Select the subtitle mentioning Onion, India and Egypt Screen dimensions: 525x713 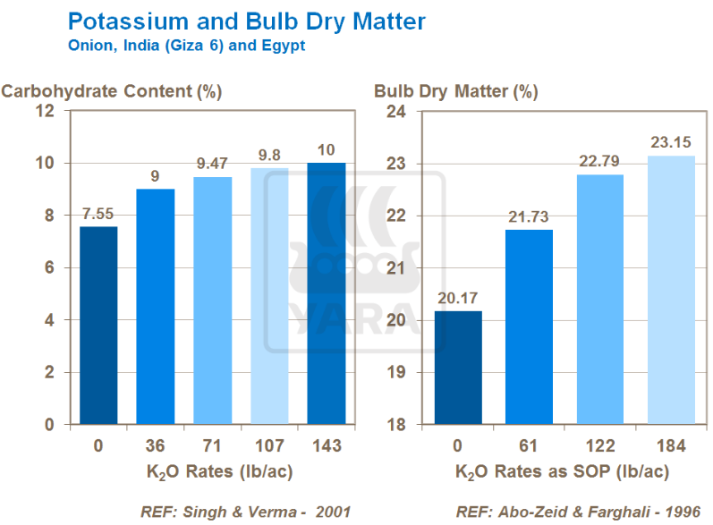click(187, 46)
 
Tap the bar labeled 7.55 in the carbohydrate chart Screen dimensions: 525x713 click(98, 326)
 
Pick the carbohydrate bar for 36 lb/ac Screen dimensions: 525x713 click(156, 306)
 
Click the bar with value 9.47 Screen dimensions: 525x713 click(213, 301)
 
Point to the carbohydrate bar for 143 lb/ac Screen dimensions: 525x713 click(327, 293)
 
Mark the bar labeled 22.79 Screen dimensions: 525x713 click(600, 299)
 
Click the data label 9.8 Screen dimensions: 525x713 click(270, 155)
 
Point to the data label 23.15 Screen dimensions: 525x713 click(670, 142)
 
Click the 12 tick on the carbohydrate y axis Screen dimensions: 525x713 click(47, 112)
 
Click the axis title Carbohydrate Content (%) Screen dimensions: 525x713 click(112, 90)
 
